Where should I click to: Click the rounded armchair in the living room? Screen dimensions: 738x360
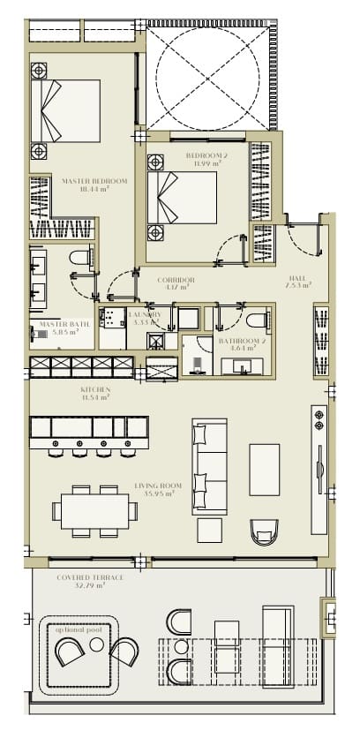264,531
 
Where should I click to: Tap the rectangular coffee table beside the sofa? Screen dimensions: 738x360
264,469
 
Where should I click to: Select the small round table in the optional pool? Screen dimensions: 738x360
96,645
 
